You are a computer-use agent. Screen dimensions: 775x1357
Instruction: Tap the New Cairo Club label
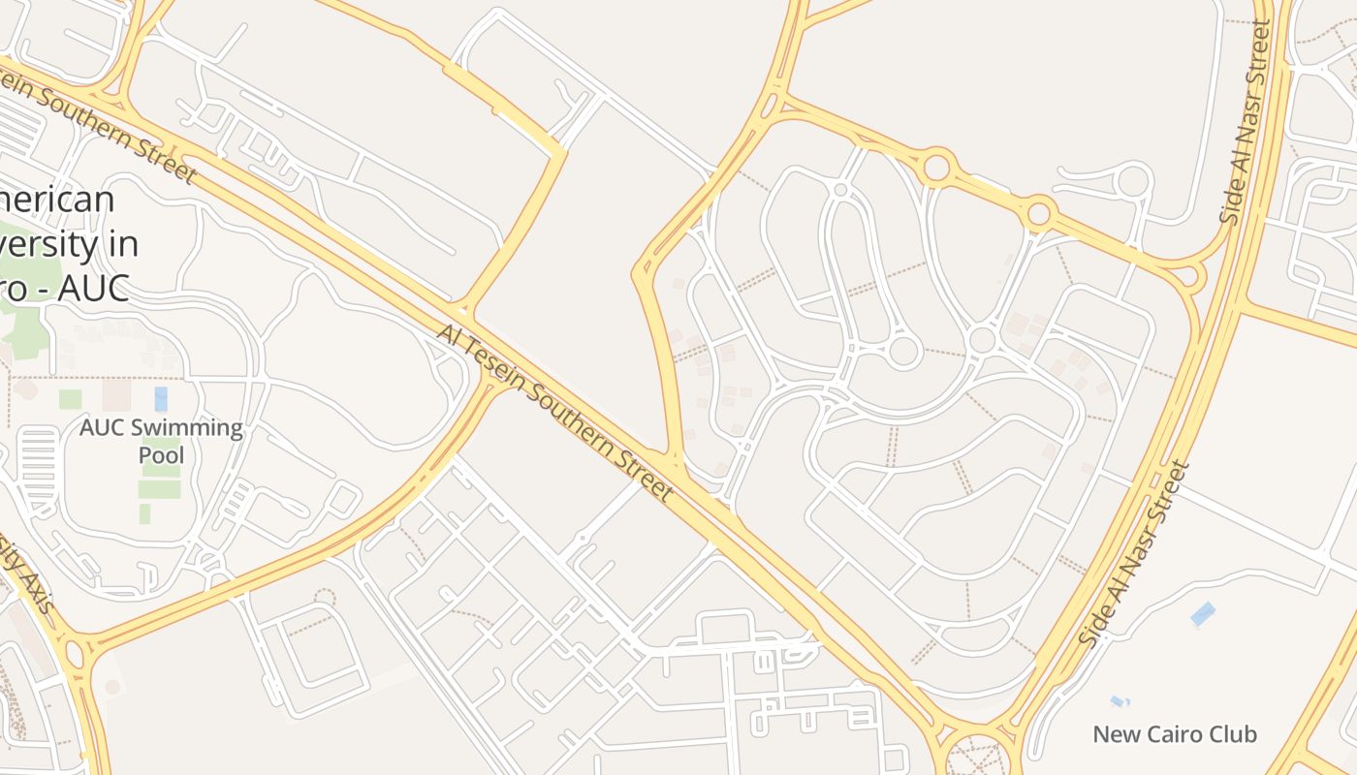[1175, 734]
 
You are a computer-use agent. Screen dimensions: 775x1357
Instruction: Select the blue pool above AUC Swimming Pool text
[161, 399]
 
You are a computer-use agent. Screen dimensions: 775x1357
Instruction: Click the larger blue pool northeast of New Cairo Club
[1203, 613]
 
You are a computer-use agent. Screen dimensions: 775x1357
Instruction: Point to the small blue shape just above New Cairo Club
[1120, 701]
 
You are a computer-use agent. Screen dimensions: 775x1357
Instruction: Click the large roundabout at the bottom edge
[977, 756]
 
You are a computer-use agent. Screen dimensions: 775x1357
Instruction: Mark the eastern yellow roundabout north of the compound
[1039, 212]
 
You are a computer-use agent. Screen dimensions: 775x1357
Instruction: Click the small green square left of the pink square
[70, 399]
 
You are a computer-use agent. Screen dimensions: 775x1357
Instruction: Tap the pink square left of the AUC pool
[116, 394]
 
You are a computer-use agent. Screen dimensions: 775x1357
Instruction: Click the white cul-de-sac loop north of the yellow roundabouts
[1131, 180]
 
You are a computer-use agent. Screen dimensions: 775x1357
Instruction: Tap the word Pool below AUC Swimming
[161, 454]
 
